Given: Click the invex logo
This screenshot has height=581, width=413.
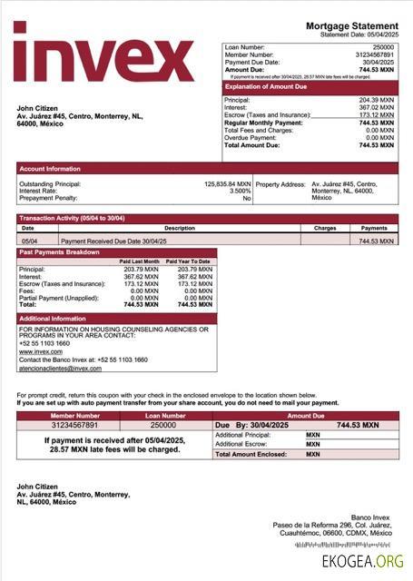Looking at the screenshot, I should [x=103, y=54].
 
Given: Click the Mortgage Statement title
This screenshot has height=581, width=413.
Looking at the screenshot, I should [x=351, y=25].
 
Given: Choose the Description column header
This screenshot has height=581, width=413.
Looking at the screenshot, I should [x=179, y=228].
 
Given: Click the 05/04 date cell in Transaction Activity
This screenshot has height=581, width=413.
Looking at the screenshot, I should [x=29, y=241].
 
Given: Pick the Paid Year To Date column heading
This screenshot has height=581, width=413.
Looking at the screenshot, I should [x=192, y=261].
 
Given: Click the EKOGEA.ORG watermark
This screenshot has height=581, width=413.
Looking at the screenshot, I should [x=362, y=562].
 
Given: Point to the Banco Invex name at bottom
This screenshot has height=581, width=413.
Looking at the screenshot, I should [x=376, y=517].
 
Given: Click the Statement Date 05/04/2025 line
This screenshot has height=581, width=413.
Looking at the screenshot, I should [x=359, y=34].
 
